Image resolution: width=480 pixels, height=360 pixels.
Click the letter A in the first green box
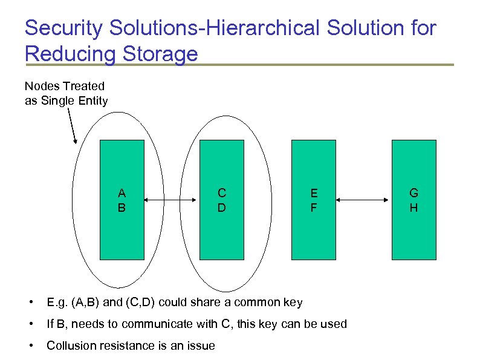click(x=122, y=193)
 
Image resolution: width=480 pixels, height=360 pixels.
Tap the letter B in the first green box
click(x=122, y=208)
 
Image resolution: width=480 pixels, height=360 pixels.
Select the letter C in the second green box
click(x=222, y=193)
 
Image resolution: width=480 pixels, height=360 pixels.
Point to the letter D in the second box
click(x=222, y=208)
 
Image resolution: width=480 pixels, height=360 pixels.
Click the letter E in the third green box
click(x=313, y=193)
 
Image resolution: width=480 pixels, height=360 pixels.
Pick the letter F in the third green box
click(x=313, y=208)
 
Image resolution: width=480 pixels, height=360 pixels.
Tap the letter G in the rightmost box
click(x=414, y=193)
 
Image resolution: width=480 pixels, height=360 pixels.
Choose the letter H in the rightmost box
click(x=414, y=208)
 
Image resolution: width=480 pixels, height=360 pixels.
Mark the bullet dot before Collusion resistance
click(x=29, y=345)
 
